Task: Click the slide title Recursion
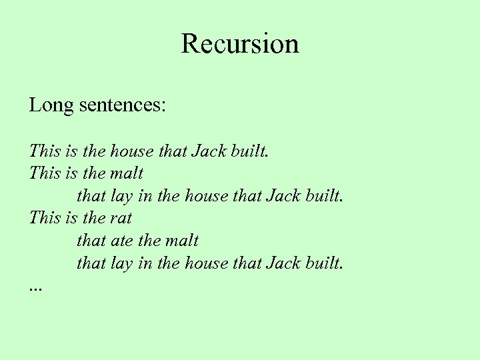click(240, 44)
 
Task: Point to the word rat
click(121, 217)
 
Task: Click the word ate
click(122, 240)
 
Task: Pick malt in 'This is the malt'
click(127, 173)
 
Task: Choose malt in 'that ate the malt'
click(181, 240)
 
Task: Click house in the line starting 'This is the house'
click(131, 151)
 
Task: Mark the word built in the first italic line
click(248, 151)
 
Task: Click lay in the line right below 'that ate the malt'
click(121, 263)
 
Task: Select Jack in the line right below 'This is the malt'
click(283, 195)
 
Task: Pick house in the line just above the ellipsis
click(206, 263)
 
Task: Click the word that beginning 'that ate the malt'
click(91, 240)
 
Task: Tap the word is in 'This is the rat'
click(72, 217)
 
